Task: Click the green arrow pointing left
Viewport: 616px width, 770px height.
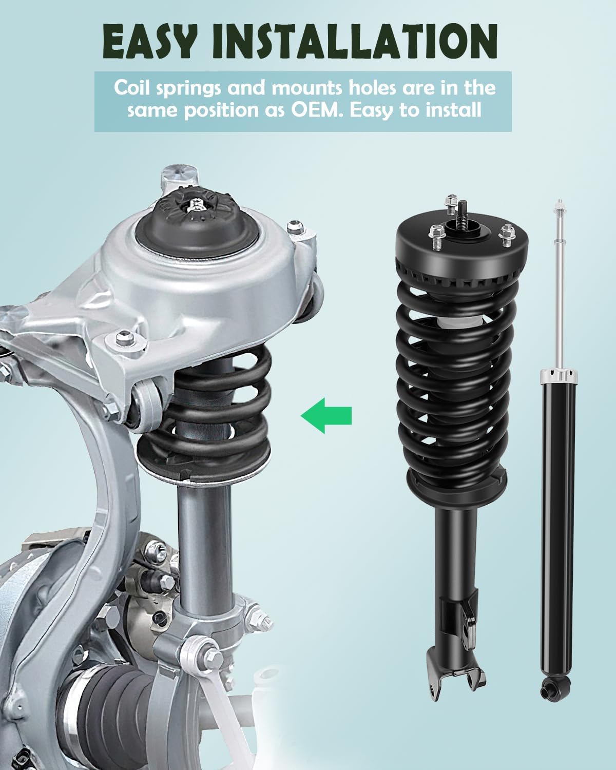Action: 326,414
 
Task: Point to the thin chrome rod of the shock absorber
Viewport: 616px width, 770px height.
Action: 557,287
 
